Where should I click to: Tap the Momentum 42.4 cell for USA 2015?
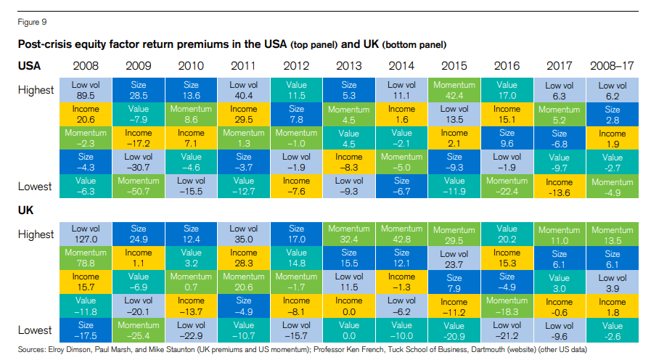454,90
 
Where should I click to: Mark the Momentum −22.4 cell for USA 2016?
507,187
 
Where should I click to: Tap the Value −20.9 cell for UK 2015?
454,331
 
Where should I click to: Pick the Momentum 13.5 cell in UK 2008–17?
613,234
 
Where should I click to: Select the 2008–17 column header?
613,65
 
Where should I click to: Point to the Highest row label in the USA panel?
36,90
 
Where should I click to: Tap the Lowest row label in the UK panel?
36,330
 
